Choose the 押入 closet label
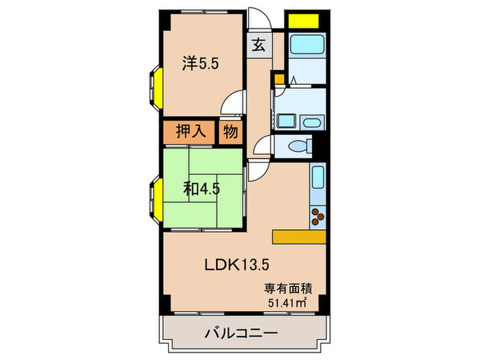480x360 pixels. pyautogui.click(x=190, y=131)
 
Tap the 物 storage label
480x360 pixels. pyautogui.click(x=230, y=131)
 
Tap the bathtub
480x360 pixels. pyautogui.click(x=306, y=46)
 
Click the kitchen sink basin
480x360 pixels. pyautogui.click(x=317, y=180)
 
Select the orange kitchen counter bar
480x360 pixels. pyautogui.click(x=298, y=236)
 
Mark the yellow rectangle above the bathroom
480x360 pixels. pyautogui.click(x=306, y=19)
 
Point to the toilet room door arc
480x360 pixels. pyautogui.click(x=263, y=146)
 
